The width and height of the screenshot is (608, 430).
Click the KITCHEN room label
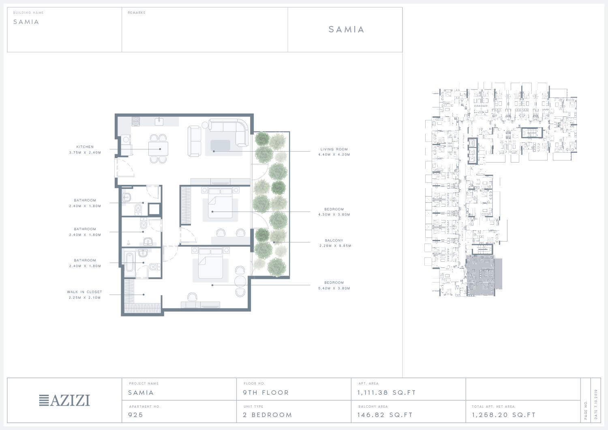coord(85,147)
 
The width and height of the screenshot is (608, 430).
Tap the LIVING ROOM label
coord(334,149)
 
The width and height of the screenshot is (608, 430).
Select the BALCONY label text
coord(334,240)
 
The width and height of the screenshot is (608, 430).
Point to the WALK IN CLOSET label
coord(84,292)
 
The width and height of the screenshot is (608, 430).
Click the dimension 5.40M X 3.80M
coord(334,288)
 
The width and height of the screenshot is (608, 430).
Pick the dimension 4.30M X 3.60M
coord(334,214)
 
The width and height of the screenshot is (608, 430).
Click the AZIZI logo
coord(64,400)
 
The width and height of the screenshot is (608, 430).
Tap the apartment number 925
coord(135,415)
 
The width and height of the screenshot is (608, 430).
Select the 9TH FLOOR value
coord(266,393)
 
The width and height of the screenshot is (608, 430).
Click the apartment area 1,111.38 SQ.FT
coord(387,393)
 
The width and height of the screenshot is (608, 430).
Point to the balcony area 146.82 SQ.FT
coord(385,415)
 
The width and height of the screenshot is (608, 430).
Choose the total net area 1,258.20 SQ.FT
coord(504,415)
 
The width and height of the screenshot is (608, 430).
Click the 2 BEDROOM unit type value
coord(268,415)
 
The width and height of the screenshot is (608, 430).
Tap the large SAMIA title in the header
coord(346,29)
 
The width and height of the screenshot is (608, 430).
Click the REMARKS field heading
coord(137,13)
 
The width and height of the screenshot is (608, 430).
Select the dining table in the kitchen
coord(158,149)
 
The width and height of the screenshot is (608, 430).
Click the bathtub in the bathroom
coord(130,262)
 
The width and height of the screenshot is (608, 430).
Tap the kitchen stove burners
coord(136,121)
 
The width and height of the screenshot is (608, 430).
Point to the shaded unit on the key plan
coord(484,276)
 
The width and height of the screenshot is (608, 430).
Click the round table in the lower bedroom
coord(240,281)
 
